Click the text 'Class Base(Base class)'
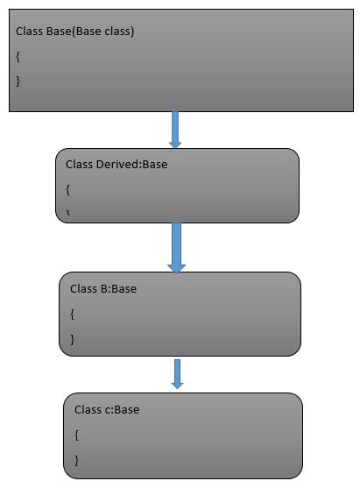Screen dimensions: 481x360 tap(74, 32)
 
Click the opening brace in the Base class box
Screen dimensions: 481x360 tap(18, 56)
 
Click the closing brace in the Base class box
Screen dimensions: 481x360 tap(18, 81)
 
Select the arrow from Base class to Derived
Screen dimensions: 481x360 tap(175, 130)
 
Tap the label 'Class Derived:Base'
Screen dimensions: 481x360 tap(116, 164)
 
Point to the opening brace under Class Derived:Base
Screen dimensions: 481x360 tap(68, 188)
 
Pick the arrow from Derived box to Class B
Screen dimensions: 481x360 tap(176, 247)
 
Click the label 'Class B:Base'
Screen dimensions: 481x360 tap(103, 288)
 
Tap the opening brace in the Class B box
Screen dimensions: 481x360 tap(73, 313)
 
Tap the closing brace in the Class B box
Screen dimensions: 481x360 tap(73, 337)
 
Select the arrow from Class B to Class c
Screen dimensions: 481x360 tap(177, 373)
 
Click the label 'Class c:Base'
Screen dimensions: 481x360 tap(107, 409)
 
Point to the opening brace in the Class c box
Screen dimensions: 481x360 tap(77, 434)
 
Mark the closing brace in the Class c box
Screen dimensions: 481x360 tap(77, 458)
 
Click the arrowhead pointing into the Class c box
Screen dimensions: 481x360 tap(177, 384)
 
